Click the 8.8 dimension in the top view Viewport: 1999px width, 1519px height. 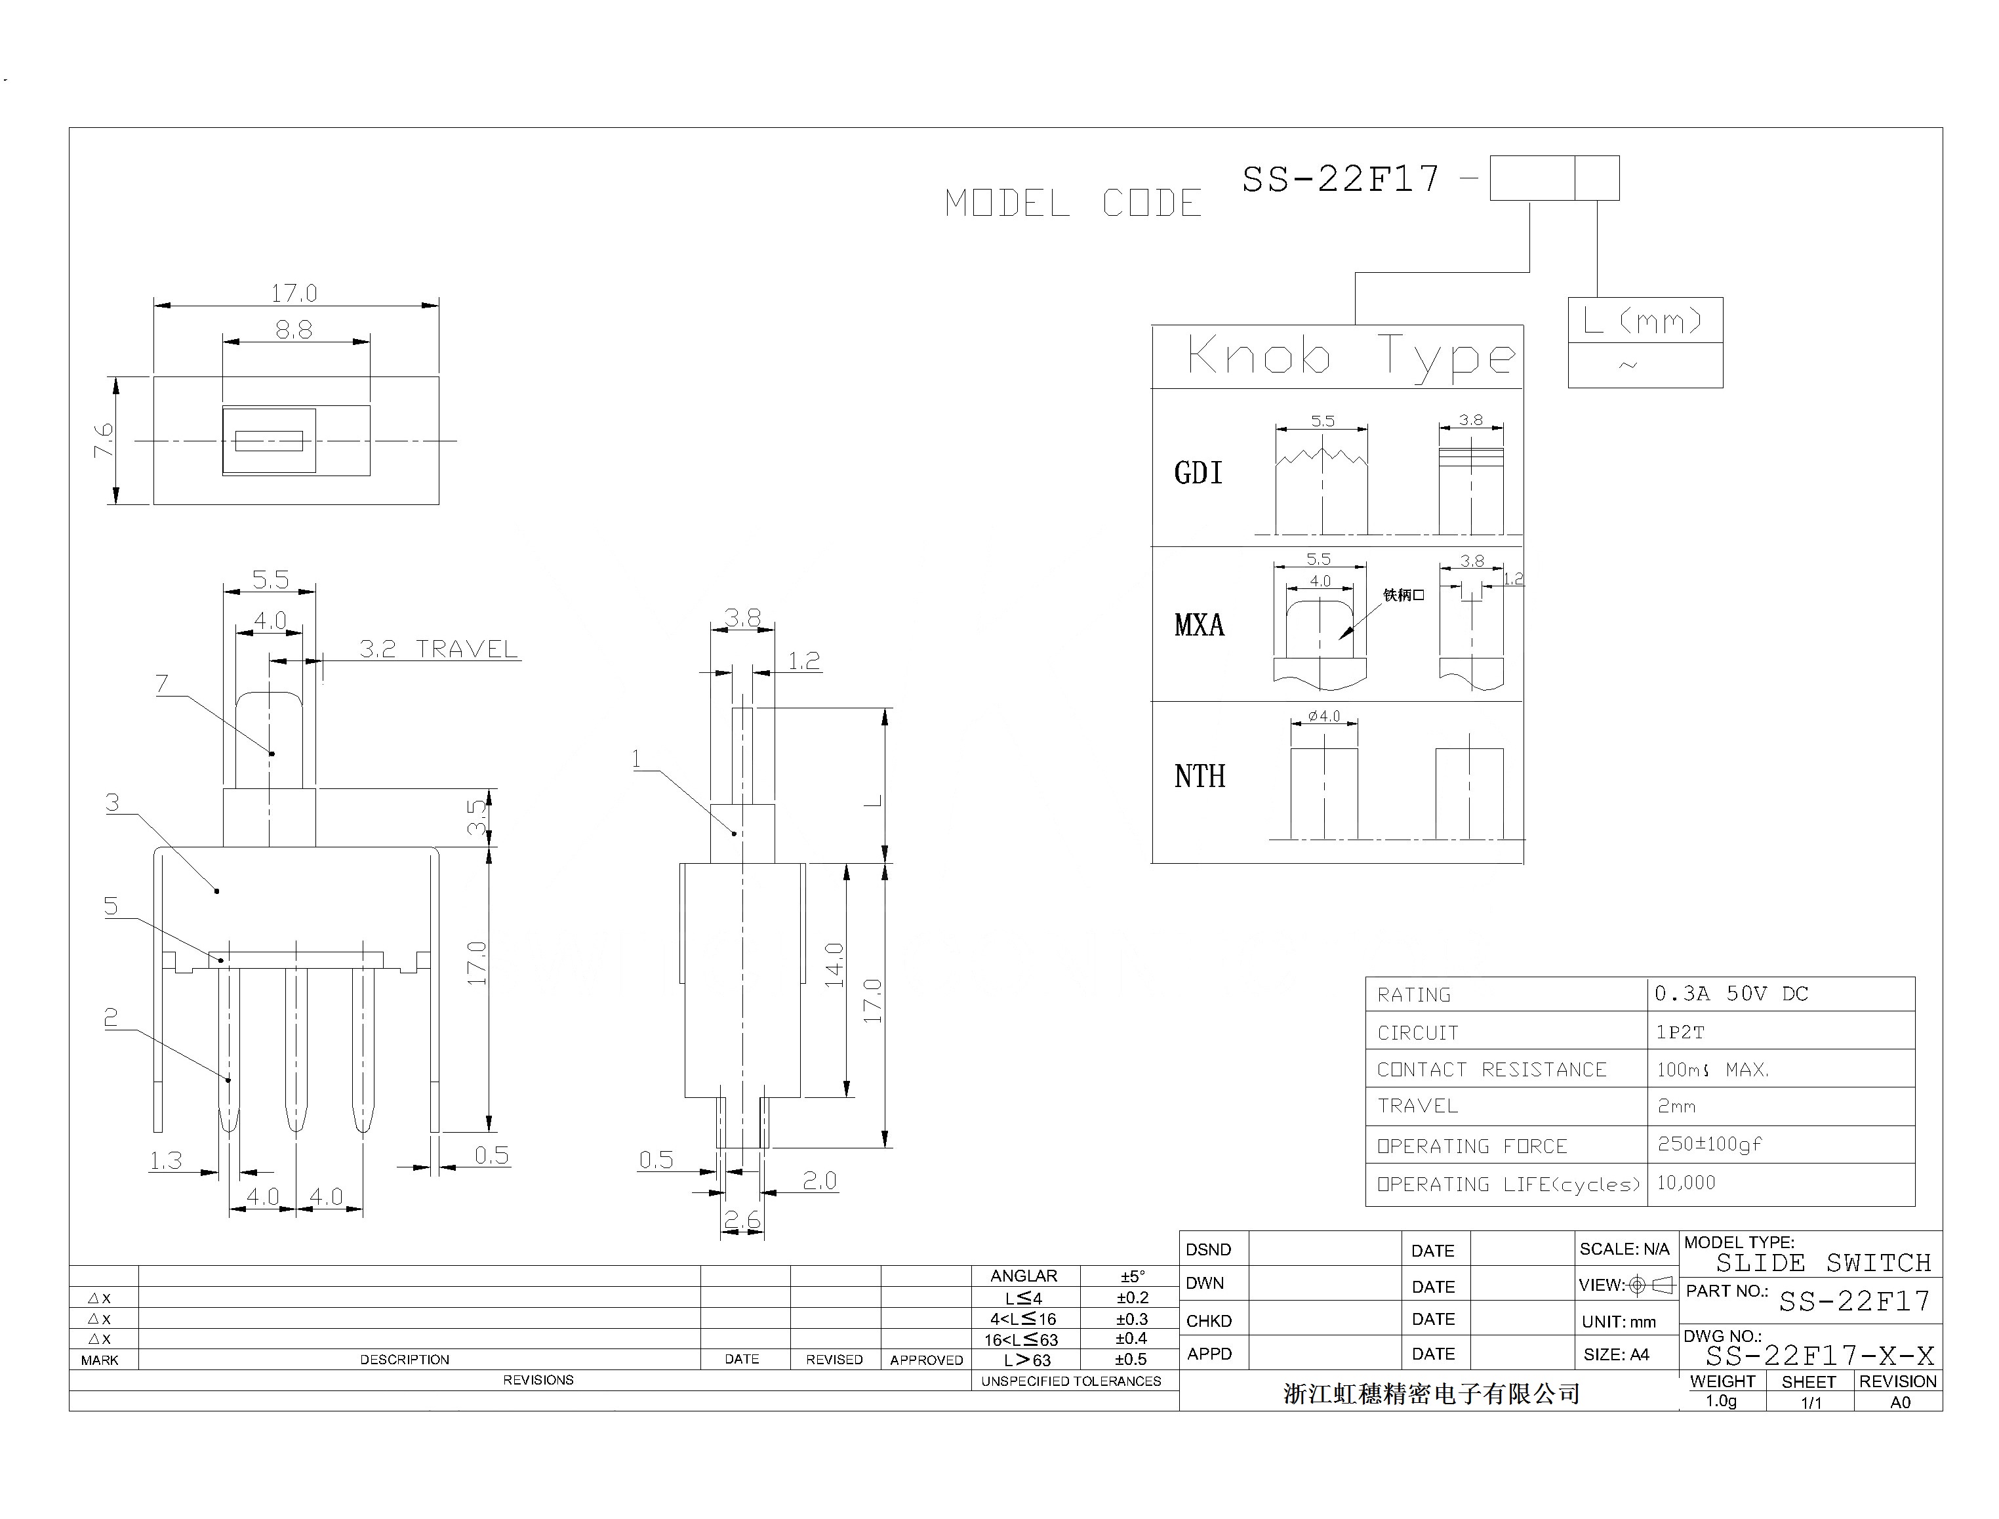click(294, 330)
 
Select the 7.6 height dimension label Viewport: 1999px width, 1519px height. click(104, 440)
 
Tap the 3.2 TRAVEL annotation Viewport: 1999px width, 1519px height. click(439, 649)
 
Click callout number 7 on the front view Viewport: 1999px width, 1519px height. click(162, 683)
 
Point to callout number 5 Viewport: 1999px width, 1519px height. click(111, 906)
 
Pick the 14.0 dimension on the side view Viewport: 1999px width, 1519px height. click(834, 965)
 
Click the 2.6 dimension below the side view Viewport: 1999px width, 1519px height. click(741, 1221)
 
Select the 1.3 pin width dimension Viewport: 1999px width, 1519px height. click(165, 1160)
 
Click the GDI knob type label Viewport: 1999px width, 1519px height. click(1198, 473)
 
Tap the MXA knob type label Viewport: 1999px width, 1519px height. click(1199, 625)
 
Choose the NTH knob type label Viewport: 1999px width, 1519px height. click(1200, 777)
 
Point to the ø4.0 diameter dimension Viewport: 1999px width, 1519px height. click(1323, 716)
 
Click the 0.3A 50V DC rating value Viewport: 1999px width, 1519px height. click(1731, 994)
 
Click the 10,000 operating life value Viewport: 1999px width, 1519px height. click(1686, 1183)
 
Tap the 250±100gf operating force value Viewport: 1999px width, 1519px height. click(1708, 1144)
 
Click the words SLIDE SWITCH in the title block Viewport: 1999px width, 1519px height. click(1823, 1263)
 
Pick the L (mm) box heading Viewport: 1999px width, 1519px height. click(1644, 320)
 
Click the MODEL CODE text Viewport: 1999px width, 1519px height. click(1073, 203)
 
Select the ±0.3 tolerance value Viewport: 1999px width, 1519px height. click(1131, 1319)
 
